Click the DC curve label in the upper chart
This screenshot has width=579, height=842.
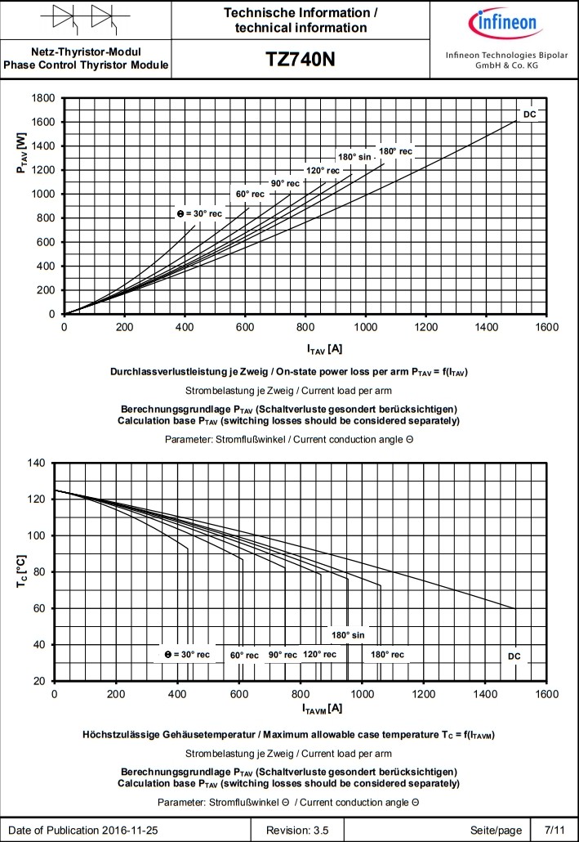(x=530, y=114)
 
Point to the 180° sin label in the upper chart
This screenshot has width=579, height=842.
(x=355, y=156)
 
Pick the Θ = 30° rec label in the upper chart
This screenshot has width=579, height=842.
(x=199, y=213)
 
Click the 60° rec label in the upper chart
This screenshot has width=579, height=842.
(x=250, y=194)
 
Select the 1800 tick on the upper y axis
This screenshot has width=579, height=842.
(x=42, y=98)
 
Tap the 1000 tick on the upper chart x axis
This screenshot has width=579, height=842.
(x=366, y=328)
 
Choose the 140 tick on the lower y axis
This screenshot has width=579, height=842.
(x=38, y=463)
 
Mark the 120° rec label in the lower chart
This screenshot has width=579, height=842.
(x=319, y=654)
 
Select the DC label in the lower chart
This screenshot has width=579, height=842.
(x=514, y=656)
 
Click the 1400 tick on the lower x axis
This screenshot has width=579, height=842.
(x=485, y=694)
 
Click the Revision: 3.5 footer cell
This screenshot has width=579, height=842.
(x=297, y=830)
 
